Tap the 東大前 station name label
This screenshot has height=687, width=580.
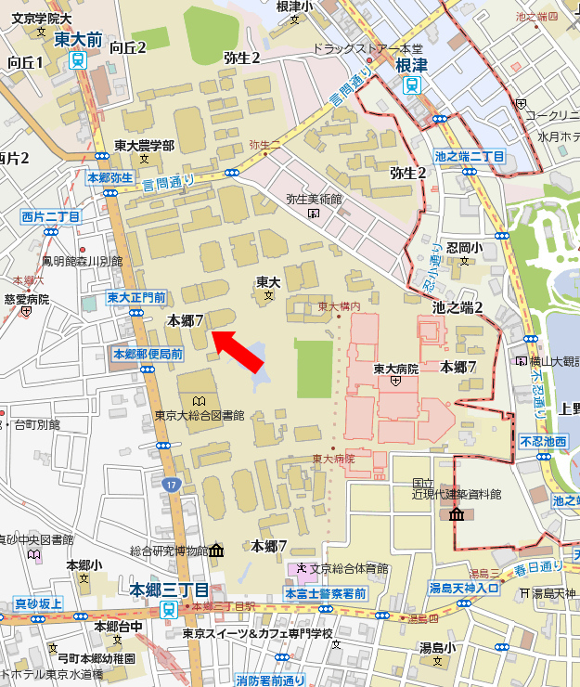pyautogui.click(x=78, y=40)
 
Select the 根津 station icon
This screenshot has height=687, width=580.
pyautogui.click(x=410, y=84)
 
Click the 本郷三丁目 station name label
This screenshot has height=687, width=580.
pyautogui.click(x=169, y=590)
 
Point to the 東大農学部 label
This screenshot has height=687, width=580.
pyautogui.click(x=144, y=146)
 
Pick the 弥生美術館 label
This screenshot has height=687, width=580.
pyautogui.click(x=314, y=200)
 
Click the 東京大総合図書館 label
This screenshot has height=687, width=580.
pyautogui.click(x=200, y=415)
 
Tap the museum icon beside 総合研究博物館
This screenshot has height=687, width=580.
pyautogui.click(x=216, y=551)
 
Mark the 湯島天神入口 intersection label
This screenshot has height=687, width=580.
pyautogui.click(x=465, y=588)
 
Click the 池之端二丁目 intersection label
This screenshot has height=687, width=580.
pyautogui.click(x=469, y=157)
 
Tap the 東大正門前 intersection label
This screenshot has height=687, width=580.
pyautogui.click(x=136, y=297)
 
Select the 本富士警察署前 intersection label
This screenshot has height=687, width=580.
pyautogui.click(x=325, y=593)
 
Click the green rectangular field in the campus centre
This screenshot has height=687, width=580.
pyautogui.click(x=314, y=368)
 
